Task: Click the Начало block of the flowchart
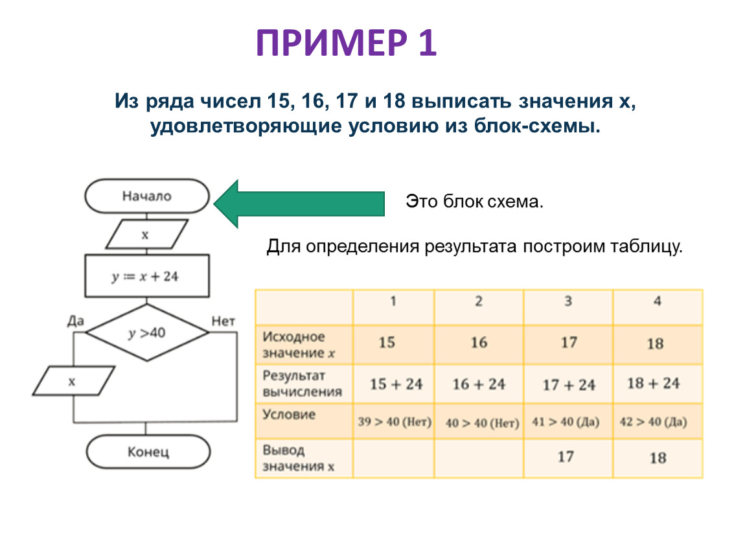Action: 148,196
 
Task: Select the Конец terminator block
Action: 148,452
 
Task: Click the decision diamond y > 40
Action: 148,333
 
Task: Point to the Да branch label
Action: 76,320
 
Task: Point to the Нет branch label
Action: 223,320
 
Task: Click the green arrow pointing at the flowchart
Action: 299,203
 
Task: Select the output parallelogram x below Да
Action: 73,381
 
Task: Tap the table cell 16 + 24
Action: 479,384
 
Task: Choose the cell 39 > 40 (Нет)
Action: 395,423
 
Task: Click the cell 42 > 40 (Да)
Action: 657,423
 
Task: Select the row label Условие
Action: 289,415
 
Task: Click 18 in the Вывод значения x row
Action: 657,458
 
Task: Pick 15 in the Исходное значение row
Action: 387,342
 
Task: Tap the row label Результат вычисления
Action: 302,384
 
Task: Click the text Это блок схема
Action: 474,202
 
